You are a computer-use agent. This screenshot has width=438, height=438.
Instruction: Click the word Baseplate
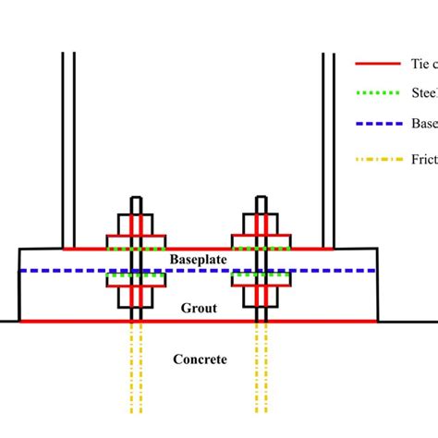tap(199, 261)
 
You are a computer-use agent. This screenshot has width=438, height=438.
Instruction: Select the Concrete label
tap(199, 359)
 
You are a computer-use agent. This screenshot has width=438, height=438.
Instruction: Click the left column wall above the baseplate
tap(67, 148)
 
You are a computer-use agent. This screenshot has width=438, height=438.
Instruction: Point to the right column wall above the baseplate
tap(327, 148)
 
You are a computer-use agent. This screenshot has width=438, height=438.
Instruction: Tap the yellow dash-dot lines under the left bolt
tap(136, 370)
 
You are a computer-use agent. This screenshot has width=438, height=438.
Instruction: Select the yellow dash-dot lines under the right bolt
tap(262, 370)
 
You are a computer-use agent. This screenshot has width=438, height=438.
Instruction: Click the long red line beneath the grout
tap(199, 322)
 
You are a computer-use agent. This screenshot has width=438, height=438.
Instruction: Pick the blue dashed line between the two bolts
tap(199, 271)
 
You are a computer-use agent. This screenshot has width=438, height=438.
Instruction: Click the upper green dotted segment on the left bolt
tap(136, 249)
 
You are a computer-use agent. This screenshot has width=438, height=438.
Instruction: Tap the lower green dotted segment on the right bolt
tap(262, 274)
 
